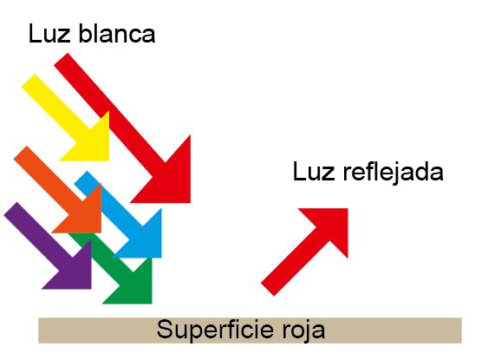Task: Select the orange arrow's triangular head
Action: coord(84,216)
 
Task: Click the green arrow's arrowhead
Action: coord(135,287)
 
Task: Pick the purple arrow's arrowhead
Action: coord(75,272)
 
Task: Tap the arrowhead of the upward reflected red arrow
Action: coord(331,225)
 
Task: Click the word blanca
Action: coord(117,34)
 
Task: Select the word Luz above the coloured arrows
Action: coord(49,34)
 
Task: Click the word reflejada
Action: coord(393,172)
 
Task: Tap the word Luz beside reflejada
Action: coord(314,172)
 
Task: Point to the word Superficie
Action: coord(215,331)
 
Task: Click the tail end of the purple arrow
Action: coord(10,208)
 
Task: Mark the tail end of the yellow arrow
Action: coord(29,81)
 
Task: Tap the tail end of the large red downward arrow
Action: coord(61,59)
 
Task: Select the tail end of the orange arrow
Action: coord(20,153)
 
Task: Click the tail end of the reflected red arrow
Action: coord(267,290)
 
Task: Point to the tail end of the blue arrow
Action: coord(81,178)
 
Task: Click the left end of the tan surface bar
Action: coord(39,331)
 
